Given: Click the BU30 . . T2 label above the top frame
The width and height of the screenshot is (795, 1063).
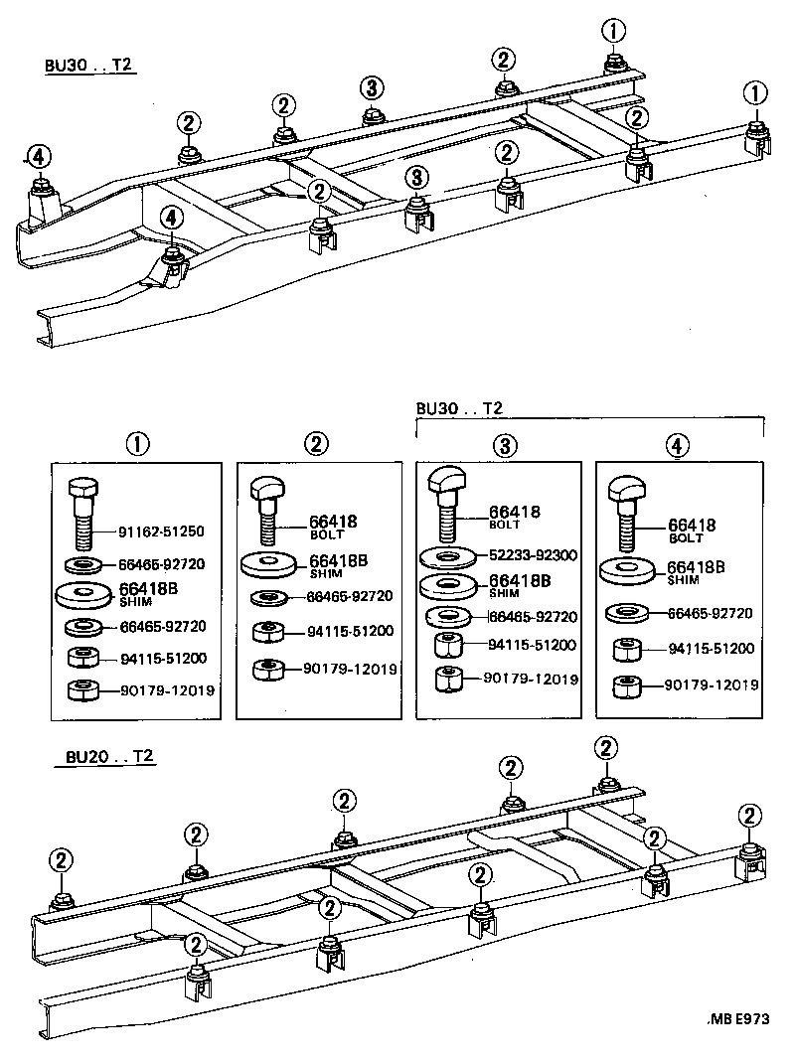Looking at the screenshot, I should click(x=88, y=66).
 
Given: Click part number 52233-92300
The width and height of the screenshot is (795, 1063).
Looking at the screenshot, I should click(x=534, y=555).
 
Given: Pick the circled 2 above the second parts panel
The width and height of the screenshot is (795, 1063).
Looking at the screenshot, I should click(x=316, y=444).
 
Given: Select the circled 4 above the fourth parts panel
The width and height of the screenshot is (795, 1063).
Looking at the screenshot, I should click(x=677, y=445).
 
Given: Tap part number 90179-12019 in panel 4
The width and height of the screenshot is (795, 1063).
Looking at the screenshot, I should click(x=712, y=685).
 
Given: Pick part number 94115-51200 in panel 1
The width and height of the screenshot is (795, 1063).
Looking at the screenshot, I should click(x=163, y=657).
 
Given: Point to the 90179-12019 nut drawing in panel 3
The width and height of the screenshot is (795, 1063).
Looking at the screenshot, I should click(x=449, y=681).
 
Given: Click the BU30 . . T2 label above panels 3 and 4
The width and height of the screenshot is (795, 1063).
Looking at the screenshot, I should click(x=459, y=408).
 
